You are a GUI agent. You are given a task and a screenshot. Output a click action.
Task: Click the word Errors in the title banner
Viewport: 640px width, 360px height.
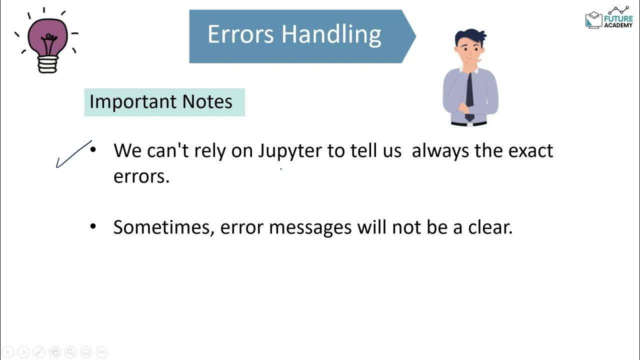point(240,34)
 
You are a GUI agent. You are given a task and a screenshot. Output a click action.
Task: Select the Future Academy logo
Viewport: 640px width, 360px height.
point(608,18)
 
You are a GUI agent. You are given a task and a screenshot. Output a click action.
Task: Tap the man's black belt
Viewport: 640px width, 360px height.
point(468,122)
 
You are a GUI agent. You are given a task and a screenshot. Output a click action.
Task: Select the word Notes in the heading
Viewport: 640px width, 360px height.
point(207,102)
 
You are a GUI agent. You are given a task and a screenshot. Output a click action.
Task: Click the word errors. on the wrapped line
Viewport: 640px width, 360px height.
point(141,176)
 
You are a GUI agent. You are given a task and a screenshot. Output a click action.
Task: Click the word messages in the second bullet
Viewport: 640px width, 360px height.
point(310,227)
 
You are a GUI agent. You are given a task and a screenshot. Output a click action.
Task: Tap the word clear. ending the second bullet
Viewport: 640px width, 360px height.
point(490,227)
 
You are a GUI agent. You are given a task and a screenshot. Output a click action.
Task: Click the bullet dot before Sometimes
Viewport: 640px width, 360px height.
point(93,226)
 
